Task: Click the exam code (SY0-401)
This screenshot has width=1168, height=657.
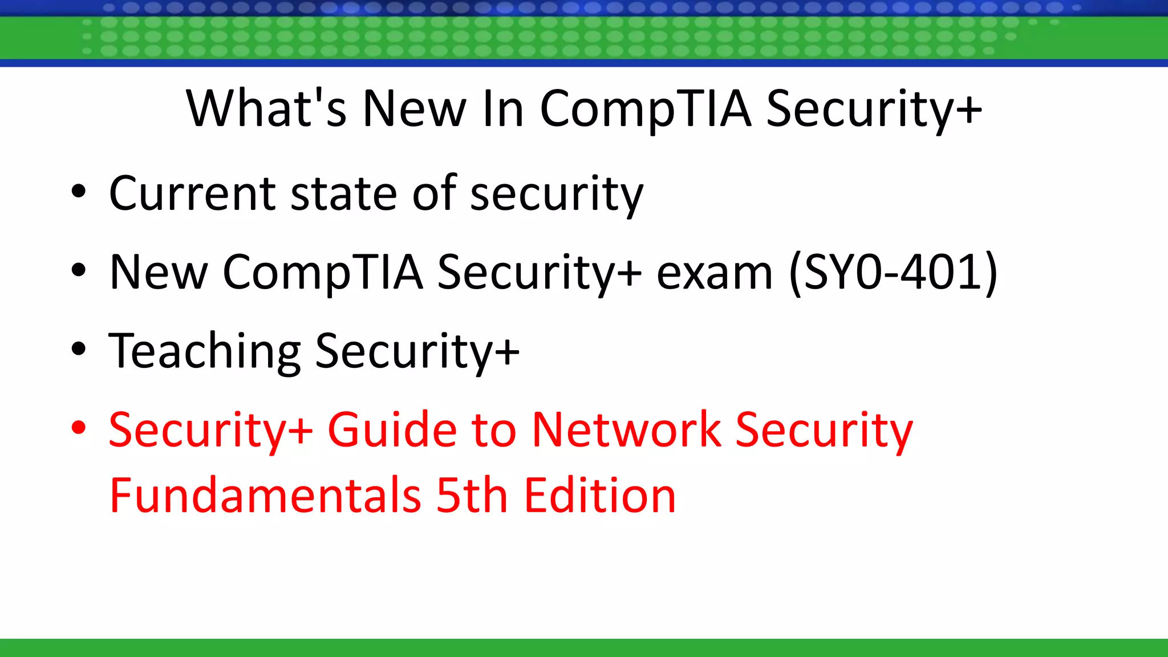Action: tap(893, 273)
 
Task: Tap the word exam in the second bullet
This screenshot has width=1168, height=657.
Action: tap(715, 273)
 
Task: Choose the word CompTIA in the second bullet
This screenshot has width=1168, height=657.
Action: tap(323, 273)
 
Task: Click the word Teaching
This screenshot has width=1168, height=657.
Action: tap(204, 351)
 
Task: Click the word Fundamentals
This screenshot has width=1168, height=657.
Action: tap(265, 495)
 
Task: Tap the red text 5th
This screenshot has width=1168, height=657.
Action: tap(472, 495)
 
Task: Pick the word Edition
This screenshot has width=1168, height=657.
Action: tap(600, 495)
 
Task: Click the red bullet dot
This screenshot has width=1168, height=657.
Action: tap(79, 427)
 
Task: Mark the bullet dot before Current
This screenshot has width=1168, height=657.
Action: tap(79, 192)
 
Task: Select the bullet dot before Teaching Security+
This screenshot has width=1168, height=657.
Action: tap(79, 349)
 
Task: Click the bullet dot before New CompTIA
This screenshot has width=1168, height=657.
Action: tap(79, 270)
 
